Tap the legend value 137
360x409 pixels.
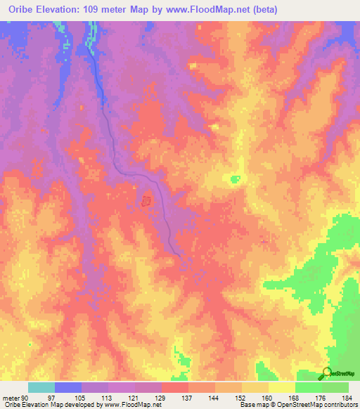click(188, 398)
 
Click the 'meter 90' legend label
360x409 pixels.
click(15, 398)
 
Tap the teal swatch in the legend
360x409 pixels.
click(41, 387)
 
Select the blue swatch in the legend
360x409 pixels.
click(68, 387)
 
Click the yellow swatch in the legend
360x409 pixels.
click(281, 387)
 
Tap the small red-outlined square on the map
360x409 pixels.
click(146, 202)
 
